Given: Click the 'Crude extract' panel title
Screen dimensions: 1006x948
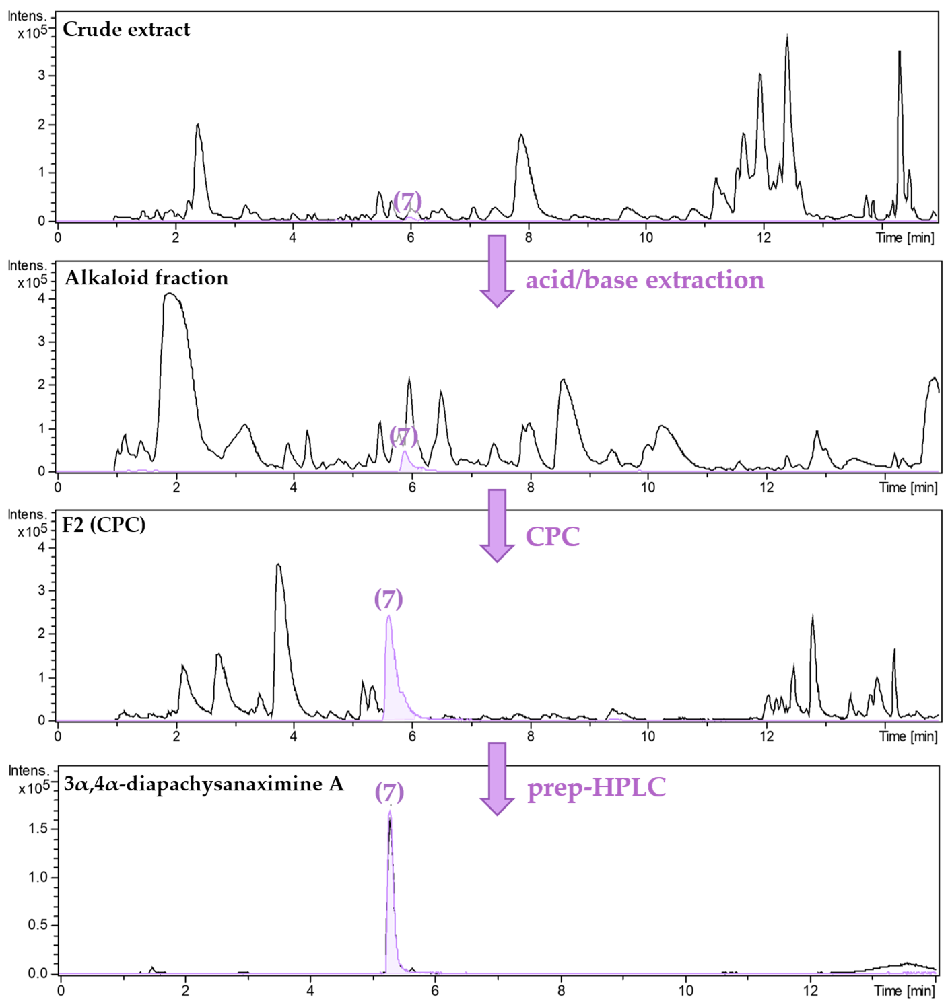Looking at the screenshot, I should [126, 29].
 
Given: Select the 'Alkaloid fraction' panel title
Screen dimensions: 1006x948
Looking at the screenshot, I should [146, 278].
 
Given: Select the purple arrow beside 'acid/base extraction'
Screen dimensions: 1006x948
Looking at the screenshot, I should [497, 270].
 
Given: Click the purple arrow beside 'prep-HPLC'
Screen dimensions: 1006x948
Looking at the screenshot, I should [497, 778].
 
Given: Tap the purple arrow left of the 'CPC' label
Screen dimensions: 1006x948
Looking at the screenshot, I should [497, 525].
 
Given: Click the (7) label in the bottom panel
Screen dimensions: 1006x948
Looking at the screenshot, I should [390, 792].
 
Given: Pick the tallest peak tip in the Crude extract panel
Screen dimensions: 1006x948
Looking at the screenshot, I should [787, 36].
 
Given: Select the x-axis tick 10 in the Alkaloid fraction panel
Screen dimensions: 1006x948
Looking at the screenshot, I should [648, 487].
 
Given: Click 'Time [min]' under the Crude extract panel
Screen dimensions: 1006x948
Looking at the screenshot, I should [905, 237].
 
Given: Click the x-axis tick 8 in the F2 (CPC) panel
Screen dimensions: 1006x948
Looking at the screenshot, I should [530, 736].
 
